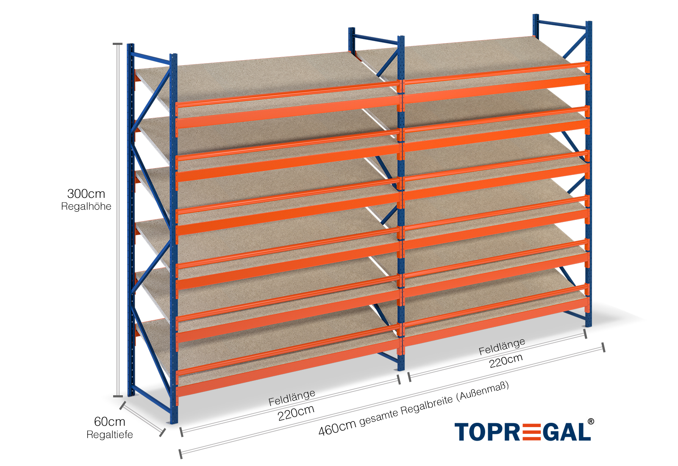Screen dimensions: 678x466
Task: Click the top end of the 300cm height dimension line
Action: point(118,44)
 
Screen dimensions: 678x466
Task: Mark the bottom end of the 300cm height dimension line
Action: point(118,396)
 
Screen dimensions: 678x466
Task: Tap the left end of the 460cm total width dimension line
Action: point(181,454)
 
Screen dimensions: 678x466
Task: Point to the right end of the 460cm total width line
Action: point(603,347)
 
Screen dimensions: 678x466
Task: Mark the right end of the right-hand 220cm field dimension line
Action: point(585,334)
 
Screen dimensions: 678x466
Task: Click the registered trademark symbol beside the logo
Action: point(590,422)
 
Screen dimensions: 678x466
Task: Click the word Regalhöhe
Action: point(86,206)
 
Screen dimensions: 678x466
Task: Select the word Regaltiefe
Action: point(110,435)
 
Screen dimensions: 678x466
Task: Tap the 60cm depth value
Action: point(110,422)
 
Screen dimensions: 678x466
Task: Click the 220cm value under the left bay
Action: point(296,413)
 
